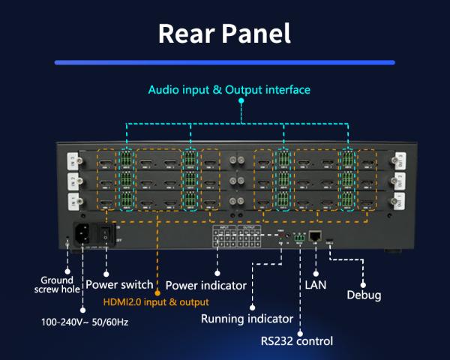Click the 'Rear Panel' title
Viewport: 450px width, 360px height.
click(224, 34)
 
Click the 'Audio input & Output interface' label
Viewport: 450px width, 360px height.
click(229, 90)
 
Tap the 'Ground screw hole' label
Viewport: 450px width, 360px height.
click(57, 285)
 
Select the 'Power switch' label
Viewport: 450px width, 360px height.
click(119, 285)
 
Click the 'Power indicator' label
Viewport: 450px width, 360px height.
click(205, 285)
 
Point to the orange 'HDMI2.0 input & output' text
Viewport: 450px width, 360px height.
click(155, 302)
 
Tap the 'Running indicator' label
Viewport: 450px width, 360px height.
click(245, 319)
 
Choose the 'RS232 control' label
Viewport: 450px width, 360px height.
click(296, 341)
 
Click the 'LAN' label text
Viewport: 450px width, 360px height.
click(316, 284)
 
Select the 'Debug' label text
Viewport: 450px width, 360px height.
click(364, 295)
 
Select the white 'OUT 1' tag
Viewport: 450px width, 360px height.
click(399, 201)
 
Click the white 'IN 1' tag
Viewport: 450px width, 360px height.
click(72, 201)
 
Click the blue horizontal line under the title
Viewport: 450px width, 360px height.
click(224, 63)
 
